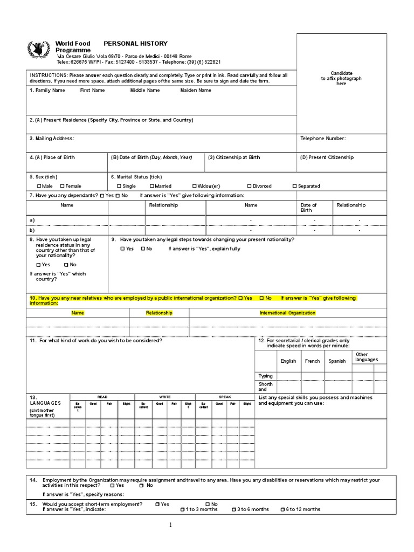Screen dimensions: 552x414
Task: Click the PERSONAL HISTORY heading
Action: point(135,44)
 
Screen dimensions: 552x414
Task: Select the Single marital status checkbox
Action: point(119,186)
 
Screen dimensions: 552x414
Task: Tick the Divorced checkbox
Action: point(249,186)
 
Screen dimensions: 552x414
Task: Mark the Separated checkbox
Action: point(294,186)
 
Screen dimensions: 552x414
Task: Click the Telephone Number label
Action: point(323,139)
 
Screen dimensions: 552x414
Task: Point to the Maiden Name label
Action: point(196,91)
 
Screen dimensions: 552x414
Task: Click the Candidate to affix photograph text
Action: point(341,79)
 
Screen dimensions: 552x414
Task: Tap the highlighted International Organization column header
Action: point(287,313)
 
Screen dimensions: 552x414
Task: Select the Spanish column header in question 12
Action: point(337,361)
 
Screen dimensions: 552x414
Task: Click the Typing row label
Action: point(266,376)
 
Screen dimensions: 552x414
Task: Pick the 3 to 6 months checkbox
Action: point(233,509)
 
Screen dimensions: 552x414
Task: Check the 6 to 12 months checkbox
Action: point(282,509)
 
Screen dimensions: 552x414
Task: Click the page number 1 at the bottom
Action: point(170,525)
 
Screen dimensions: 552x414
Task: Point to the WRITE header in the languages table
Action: point(164,397)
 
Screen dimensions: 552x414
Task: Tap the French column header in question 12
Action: point(312,361)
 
